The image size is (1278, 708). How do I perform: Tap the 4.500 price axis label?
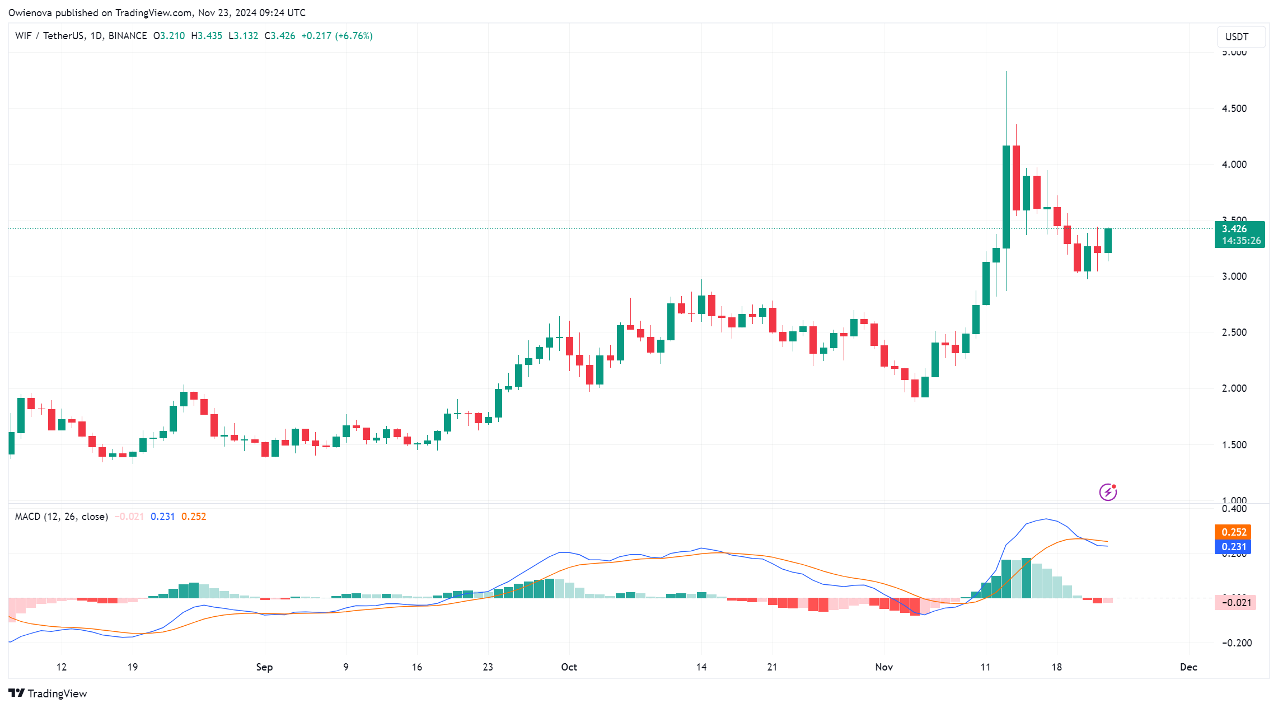pyautogui.click(x=1234, y=109)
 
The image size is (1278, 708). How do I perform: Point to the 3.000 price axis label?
pyautogui.click(x=1234, y=276)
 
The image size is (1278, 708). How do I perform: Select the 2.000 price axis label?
pyautogui.click(x=1234, y=388)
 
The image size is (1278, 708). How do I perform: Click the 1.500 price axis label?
pyautogui.click(x=1234, y=445)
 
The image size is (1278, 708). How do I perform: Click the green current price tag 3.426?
pyautogui.click(x=1239, y=235)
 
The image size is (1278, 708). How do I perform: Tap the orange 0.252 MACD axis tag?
pyautogui.click(x=1233, y=532)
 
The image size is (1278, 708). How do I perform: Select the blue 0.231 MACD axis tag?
pyautogui.click(x=1233, y=547)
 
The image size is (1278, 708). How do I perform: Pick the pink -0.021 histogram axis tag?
pyautogui.click(x=1235, y=603)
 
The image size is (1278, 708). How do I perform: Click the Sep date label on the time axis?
pyautogui.click(x=264, y=667)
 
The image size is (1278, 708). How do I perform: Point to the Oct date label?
pyautogui.click(x=569, y=667)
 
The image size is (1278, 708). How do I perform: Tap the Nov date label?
pyautogui.click(x=884, y=667)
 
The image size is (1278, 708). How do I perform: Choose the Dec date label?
pyautogui.click(x=1188, y=667)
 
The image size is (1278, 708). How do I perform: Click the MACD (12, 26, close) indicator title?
pyautogui.click(x=62, y=517)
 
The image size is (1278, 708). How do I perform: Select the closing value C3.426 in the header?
pyautogui.click(x=280, y=36)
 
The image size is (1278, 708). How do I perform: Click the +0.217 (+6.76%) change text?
pyautogui.click(x=337, y=36)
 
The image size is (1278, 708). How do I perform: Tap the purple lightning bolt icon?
pyautogui.click(x=1108, y=492)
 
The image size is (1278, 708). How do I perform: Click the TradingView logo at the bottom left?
pyautogui.click(x=49, y=693)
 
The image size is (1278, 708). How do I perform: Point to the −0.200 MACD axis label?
pyautogui.click(x=1236, y=643)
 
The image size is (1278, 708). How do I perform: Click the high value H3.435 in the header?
pyautogui.click(x=207, y=36)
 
